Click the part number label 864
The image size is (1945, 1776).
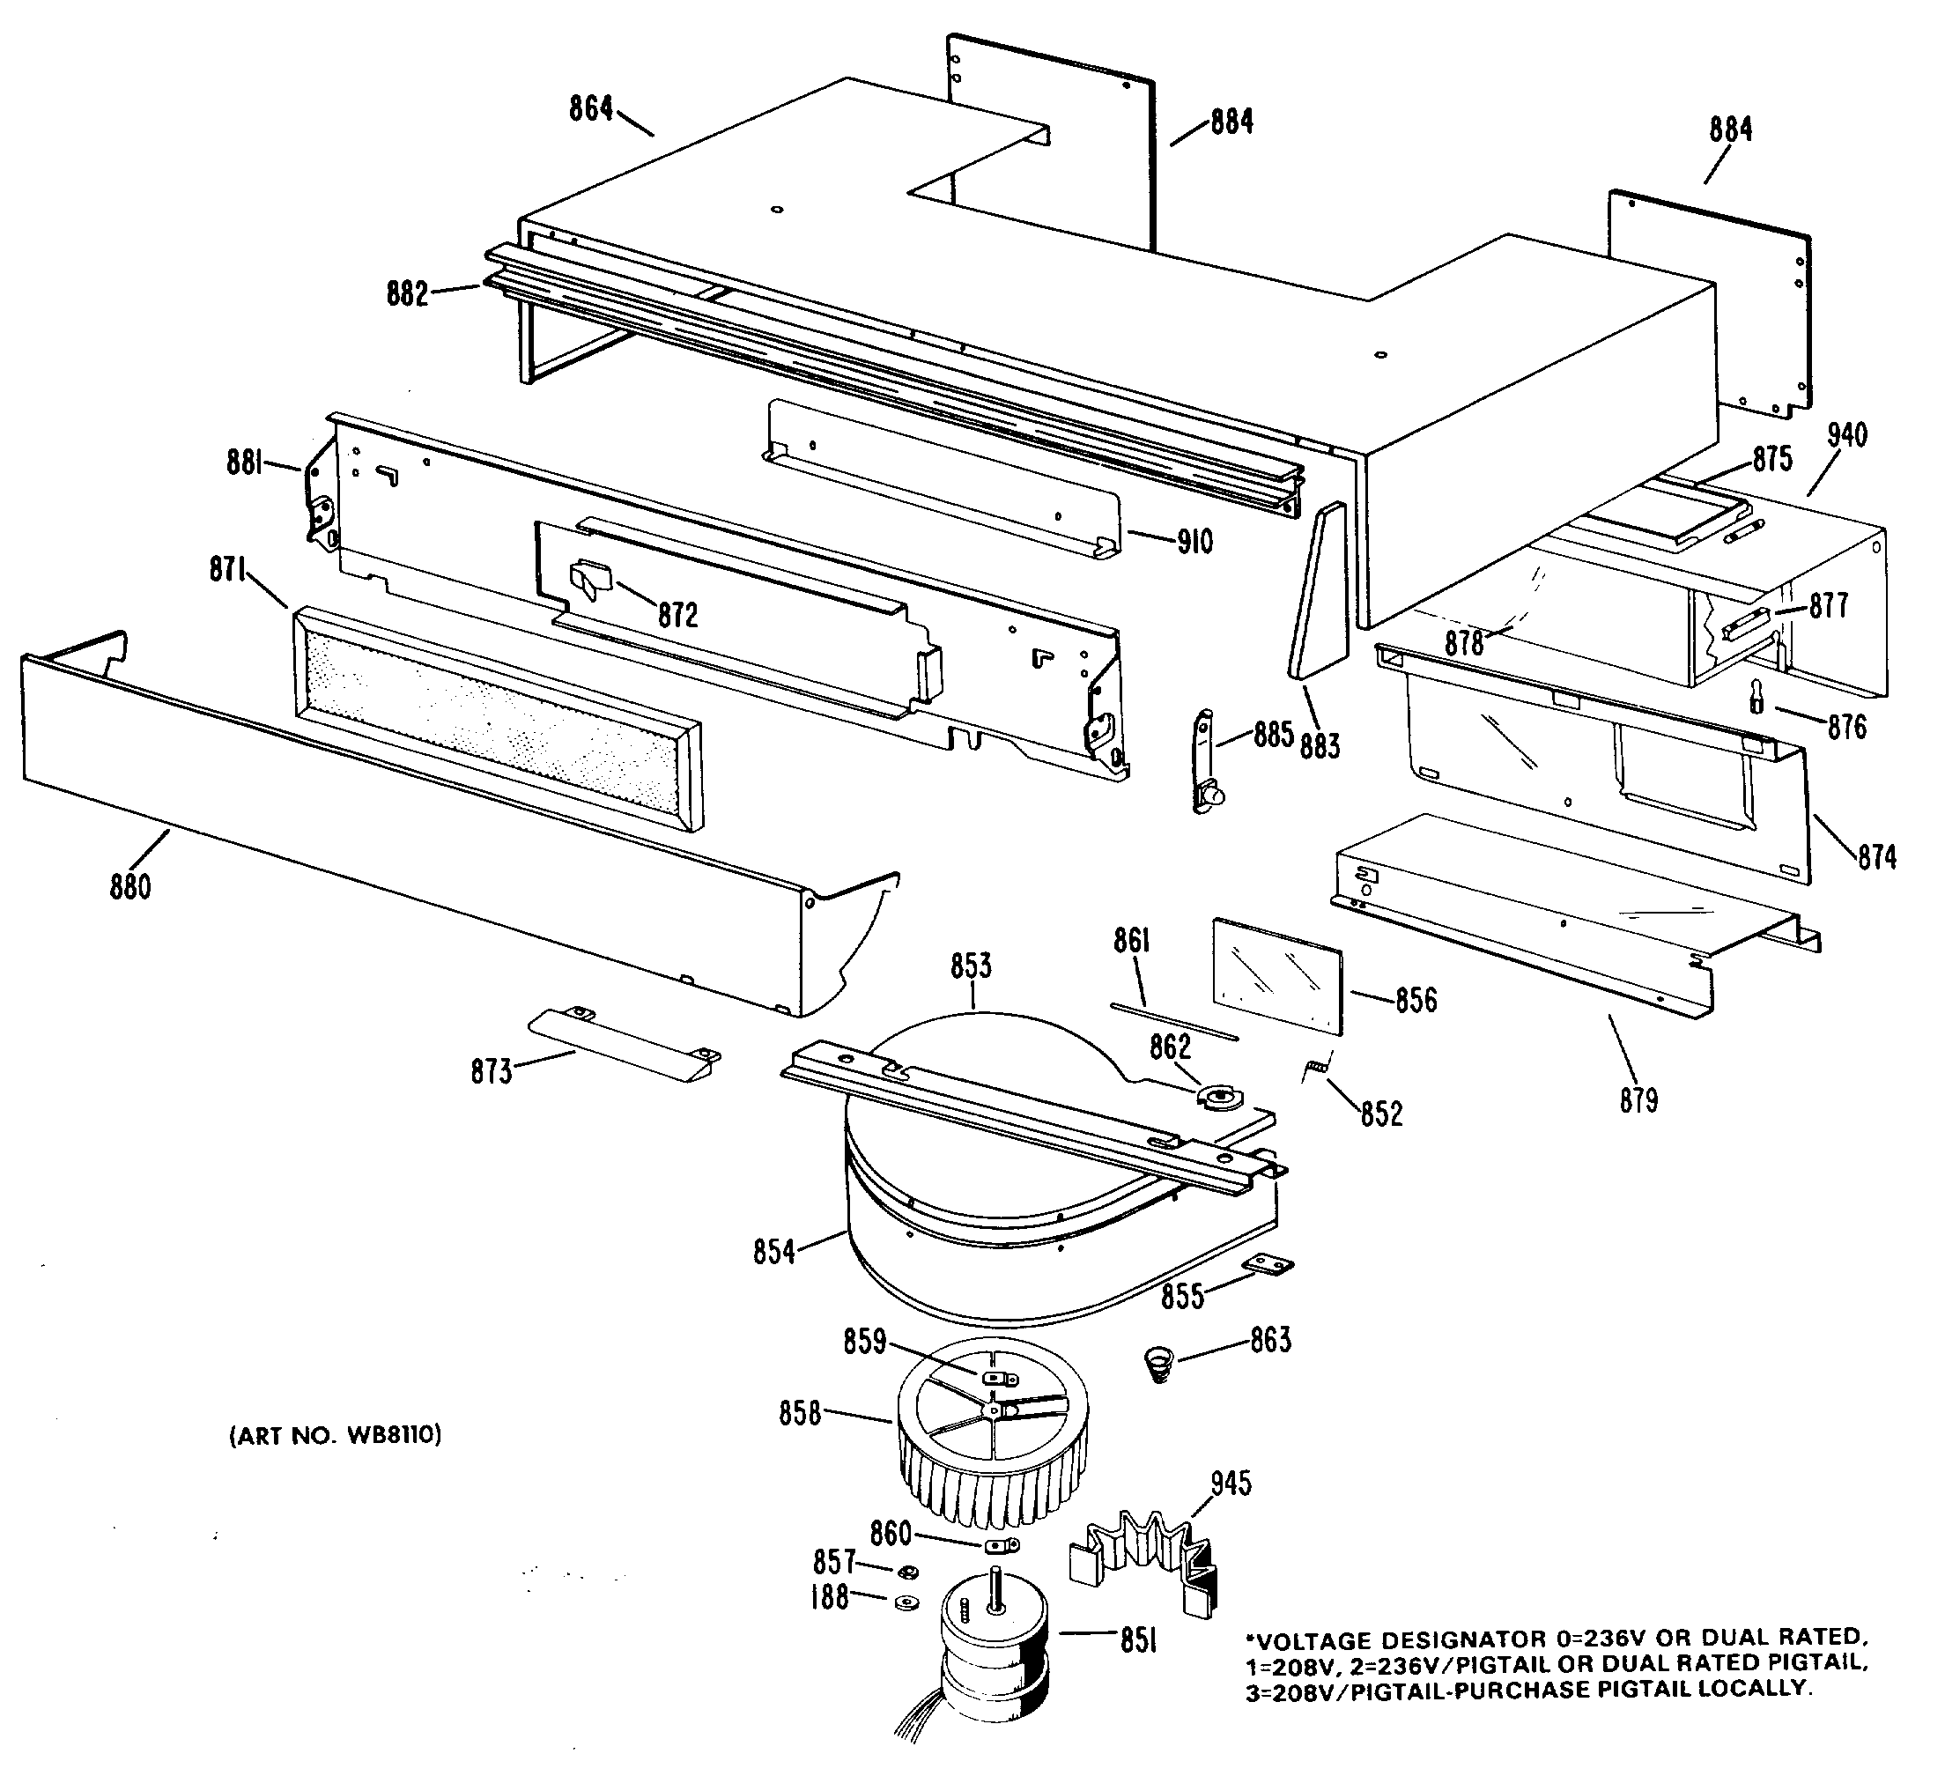590,109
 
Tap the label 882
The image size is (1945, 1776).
407,293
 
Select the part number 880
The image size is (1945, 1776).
130,885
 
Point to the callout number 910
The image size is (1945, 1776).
1195,542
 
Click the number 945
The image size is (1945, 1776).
1231,1483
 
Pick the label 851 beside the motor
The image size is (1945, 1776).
1138,1640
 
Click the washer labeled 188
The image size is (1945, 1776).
905,1602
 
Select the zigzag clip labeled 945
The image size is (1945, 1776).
1146,1560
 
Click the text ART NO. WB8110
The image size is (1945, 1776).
335,1435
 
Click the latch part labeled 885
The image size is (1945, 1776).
1205,762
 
